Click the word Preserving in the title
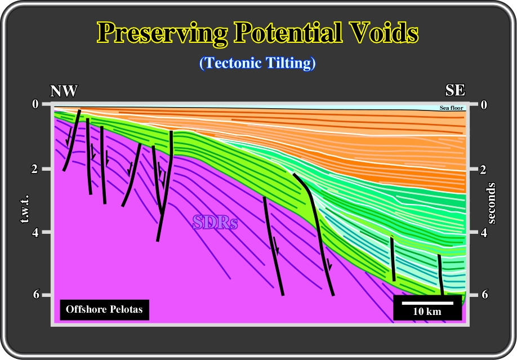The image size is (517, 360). [x=163, y=33]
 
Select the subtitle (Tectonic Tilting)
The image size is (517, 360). [x=257, y=63]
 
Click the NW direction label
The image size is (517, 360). [x=64, y=91]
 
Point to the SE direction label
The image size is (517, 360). [x=456, y=90]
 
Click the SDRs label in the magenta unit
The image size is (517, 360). [x=215, y=222]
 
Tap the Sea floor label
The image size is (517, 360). [x=451, y=108]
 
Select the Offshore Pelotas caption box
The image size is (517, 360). [x=105, y=309]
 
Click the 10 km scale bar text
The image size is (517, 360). [x=427, y=312]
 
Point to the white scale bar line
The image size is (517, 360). [x=427, y=303]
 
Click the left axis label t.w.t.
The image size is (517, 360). [x=25, y=209]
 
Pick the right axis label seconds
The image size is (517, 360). [x=491, y=203]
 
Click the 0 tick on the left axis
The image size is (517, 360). [x=35, y=104]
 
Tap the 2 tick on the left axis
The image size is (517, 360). [x=35, y=169]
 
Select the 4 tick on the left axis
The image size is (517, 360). [x=35, y=232]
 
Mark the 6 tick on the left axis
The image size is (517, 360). [x=35, y=294]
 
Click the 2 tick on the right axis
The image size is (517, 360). [x=483, y=170]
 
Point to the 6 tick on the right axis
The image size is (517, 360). [x=484, y=294]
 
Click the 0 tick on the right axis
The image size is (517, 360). [x=484, y=105]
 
